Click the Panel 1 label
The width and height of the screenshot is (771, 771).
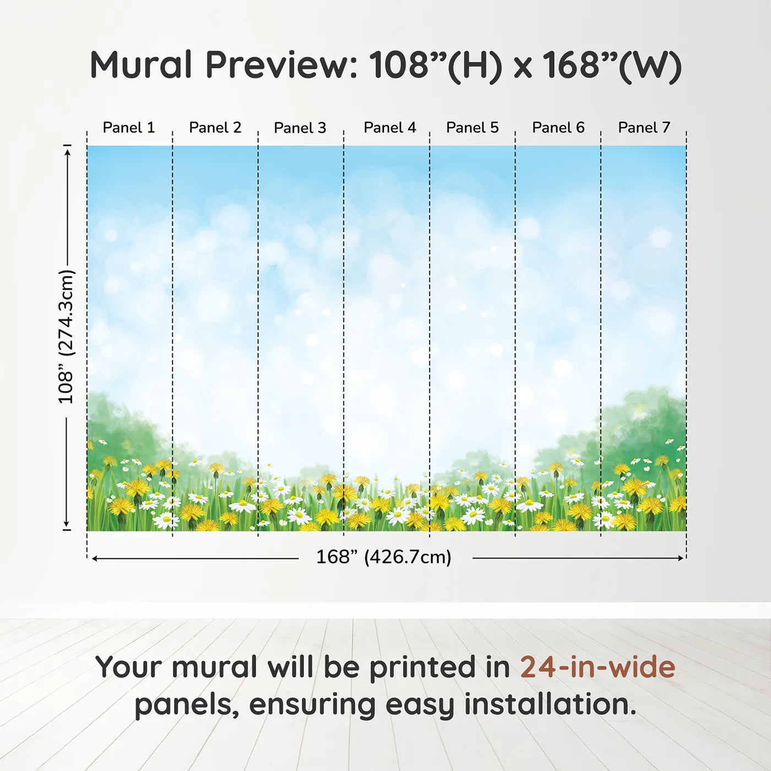click(128, 128)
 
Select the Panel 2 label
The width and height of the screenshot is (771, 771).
click(215, 128)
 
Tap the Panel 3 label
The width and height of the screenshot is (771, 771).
click(300, 128)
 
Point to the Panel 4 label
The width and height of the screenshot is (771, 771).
click(390, 128)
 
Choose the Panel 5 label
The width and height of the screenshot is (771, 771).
click(473, 128)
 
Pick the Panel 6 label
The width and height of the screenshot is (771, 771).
click(558, 128)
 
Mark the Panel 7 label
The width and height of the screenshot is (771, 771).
click(644, 128)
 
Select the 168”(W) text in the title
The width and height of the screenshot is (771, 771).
click(612, 66)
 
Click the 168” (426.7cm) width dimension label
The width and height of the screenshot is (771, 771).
click(384, 557)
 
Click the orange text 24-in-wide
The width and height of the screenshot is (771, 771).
click(598, 667)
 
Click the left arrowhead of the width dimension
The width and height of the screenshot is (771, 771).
click(95, 558)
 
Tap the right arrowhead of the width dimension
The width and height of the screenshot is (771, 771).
click(680, 558)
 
